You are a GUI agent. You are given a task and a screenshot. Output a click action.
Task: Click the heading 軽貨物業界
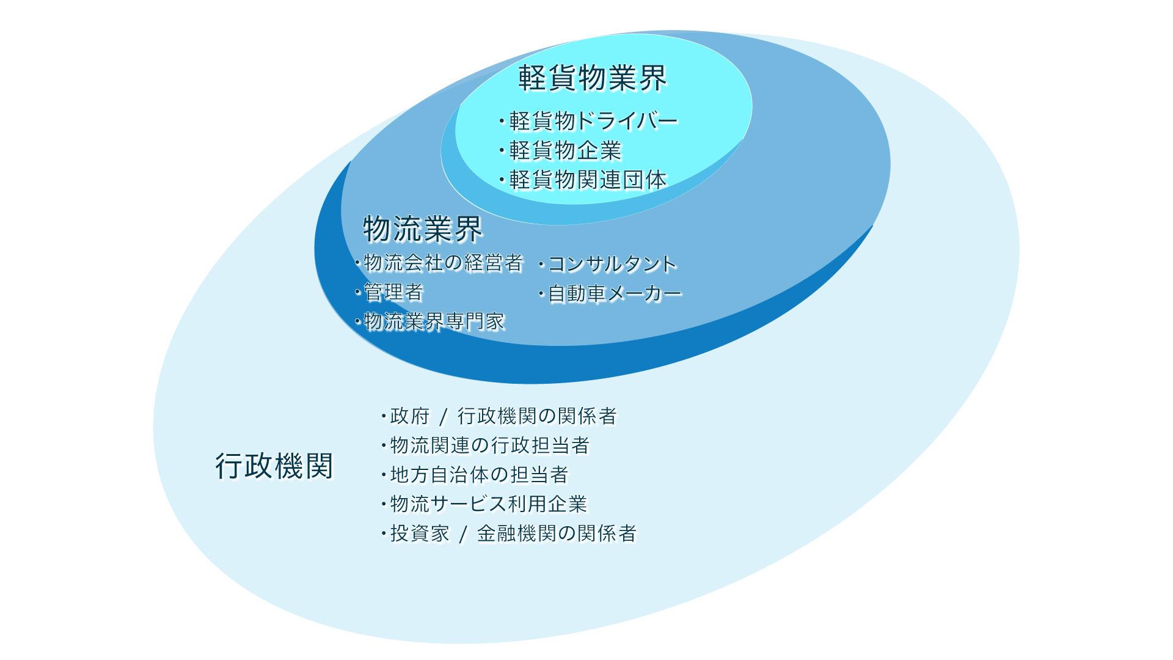tap(592, 78)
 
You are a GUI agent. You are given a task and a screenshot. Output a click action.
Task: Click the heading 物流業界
tap(423, 229)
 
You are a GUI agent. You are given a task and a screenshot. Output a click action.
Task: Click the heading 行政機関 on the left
tap(274, 466)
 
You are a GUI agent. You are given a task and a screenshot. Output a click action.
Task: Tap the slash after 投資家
tap(464, 535)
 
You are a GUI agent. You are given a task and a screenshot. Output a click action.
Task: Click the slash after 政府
tap(444, 417)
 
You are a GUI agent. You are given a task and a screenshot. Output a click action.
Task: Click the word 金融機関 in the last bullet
tap(517, 533)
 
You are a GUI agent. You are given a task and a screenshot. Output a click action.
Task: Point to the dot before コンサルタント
tap(542, 265)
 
